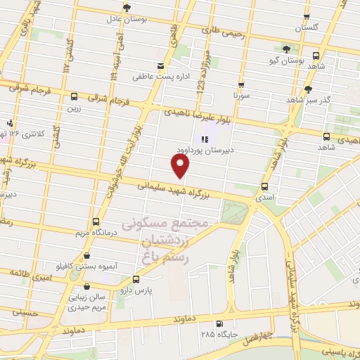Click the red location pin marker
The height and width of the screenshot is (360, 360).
181,166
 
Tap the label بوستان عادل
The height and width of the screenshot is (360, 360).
127,18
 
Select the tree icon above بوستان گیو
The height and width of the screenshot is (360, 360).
286,49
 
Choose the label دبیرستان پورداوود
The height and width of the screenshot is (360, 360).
204,150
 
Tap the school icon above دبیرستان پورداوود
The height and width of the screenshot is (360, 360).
205,139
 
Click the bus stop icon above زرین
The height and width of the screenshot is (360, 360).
75,96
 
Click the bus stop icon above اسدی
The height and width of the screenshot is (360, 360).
264,186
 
